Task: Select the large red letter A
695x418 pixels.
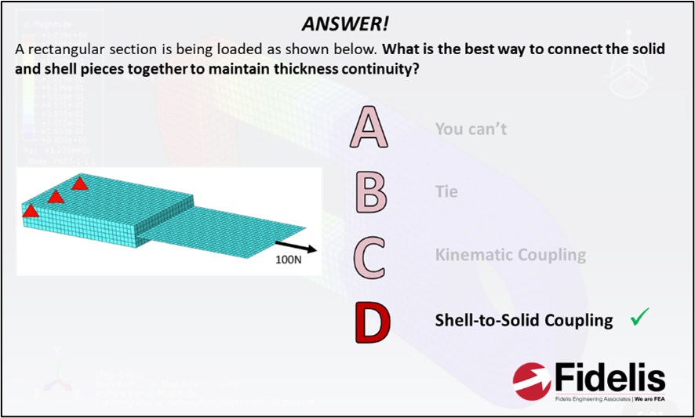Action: point(369,129)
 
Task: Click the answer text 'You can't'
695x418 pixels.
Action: point(471,129)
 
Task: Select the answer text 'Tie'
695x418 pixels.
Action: point(446,191)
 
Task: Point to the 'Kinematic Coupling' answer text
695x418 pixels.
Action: point(510,255)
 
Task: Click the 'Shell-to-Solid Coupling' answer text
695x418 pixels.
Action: point(524,320)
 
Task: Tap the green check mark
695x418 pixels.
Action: point(640,317)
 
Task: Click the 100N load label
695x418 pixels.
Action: point(289,258)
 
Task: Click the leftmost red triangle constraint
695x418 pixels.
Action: point(30,210)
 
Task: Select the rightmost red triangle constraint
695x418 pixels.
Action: point(79,184)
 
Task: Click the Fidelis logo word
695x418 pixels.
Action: point(609,379)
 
